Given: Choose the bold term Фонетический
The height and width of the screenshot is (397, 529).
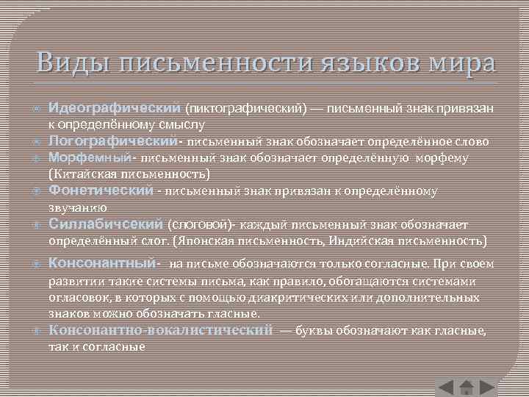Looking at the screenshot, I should pos(101,190).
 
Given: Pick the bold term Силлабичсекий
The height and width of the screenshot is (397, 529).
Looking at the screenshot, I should pos(107,223).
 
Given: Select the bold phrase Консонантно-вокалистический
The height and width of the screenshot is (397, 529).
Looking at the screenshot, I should pos(160,330).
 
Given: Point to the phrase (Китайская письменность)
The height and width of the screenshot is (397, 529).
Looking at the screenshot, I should pos(129,174).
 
